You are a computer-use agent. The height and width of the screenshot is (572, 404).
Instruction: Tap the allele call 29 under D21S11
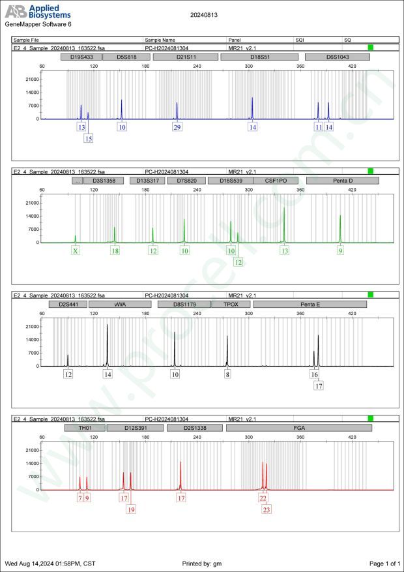tap(177, 127)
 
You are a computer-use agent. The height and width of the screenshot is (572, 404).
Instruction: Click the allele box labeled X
tap(76, 250)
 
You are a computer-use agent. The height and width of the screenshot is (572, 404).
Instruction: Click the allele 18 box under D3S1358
tap(115, 250)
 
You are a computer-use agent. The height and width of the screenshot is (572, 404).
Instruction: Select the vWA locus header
tap(120, 304)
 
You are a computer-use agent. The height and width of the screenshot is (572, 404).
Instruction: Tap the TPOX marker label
tap(231, 304)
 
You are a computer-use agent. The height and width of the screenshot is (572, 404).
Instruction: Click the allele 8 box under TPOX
tap(227, 374)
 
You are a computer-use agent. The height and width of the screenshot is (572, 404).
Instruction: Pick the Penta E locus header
tap(310, 304)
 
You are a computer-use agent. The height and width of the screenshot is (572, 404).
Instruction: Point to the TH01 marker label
tap(84, 428)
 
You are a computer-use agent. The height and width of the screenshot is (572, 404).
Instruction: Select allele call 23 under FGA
tap(267, 509)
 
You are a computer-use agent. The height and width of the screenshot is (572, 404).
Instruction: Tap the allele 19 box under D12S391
tap(131, 509)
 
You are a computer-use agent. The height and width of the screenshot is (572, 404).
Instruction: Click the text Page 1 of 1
tap(384, 563)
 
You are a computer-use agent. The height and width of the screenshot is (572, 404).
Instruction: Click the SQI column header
tap(300, 40)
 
